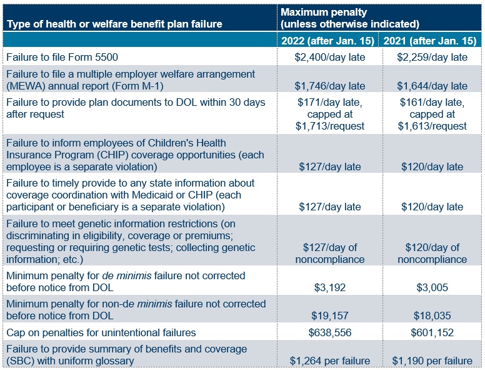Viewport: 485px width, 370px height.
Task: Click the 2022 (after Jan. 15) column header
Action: pos(329,41)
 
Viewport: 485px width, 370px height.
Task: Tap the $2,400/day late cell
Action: pos(329,57)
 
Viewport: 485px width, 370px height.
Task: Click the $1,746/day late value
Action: pos(329,86)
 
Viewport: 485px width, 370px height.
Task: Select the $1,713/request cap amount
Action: pos(329,126)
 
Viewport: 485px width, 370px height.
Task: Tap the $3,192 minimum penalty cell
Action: pos(329,287)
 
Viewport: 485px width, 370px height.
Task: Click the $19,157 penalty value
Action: pos(329,316)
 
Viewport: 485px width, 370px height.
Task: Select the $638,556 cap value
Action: pos(329,332)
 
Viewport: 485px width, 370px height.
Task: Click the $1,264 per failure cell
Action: pos(329,361)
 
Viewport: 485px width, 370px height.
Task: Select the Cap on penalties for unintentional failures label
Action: pos(101,332)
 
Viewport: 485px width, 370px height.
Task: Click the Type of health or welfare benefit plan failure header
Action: pos(114,24)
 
